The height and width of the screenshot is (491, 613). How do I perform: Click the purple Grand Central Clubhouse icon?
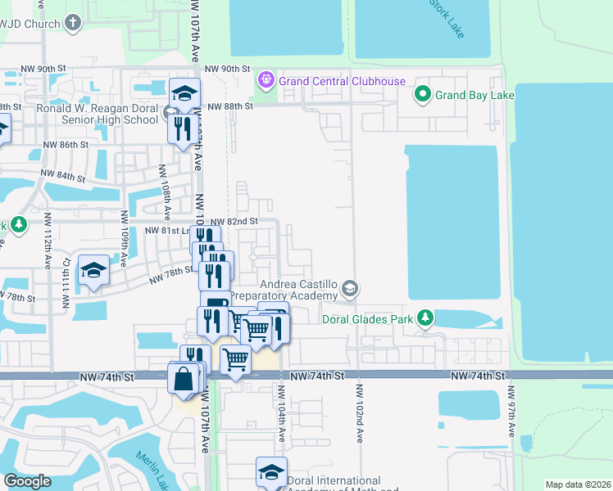click(266, 80)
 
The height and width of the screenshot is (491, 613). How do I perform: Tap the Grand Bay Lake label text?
click(475, 96)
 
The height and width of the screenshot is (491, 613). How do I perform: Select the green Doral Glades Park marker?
click(425, 318)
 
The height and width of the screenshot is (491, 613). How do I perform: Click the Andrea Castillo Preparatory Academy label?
click(284, 288)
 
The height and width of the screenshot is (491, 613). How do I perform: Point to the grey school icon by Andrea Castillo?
click(350, 288)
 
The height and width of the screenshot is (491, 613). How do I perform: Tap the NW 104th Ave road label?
click(281, 417)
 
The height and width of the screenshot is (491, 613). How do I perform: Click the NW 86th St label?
click(65, 144)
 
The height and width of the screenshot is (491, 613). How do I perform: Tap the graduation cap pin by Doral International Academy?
click(271, 472)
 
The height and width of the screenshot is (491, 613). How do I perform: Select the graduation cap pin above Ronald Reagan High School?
click(185, 92)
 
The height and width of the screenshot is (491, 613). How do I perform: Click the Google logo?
click(27, 481)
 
